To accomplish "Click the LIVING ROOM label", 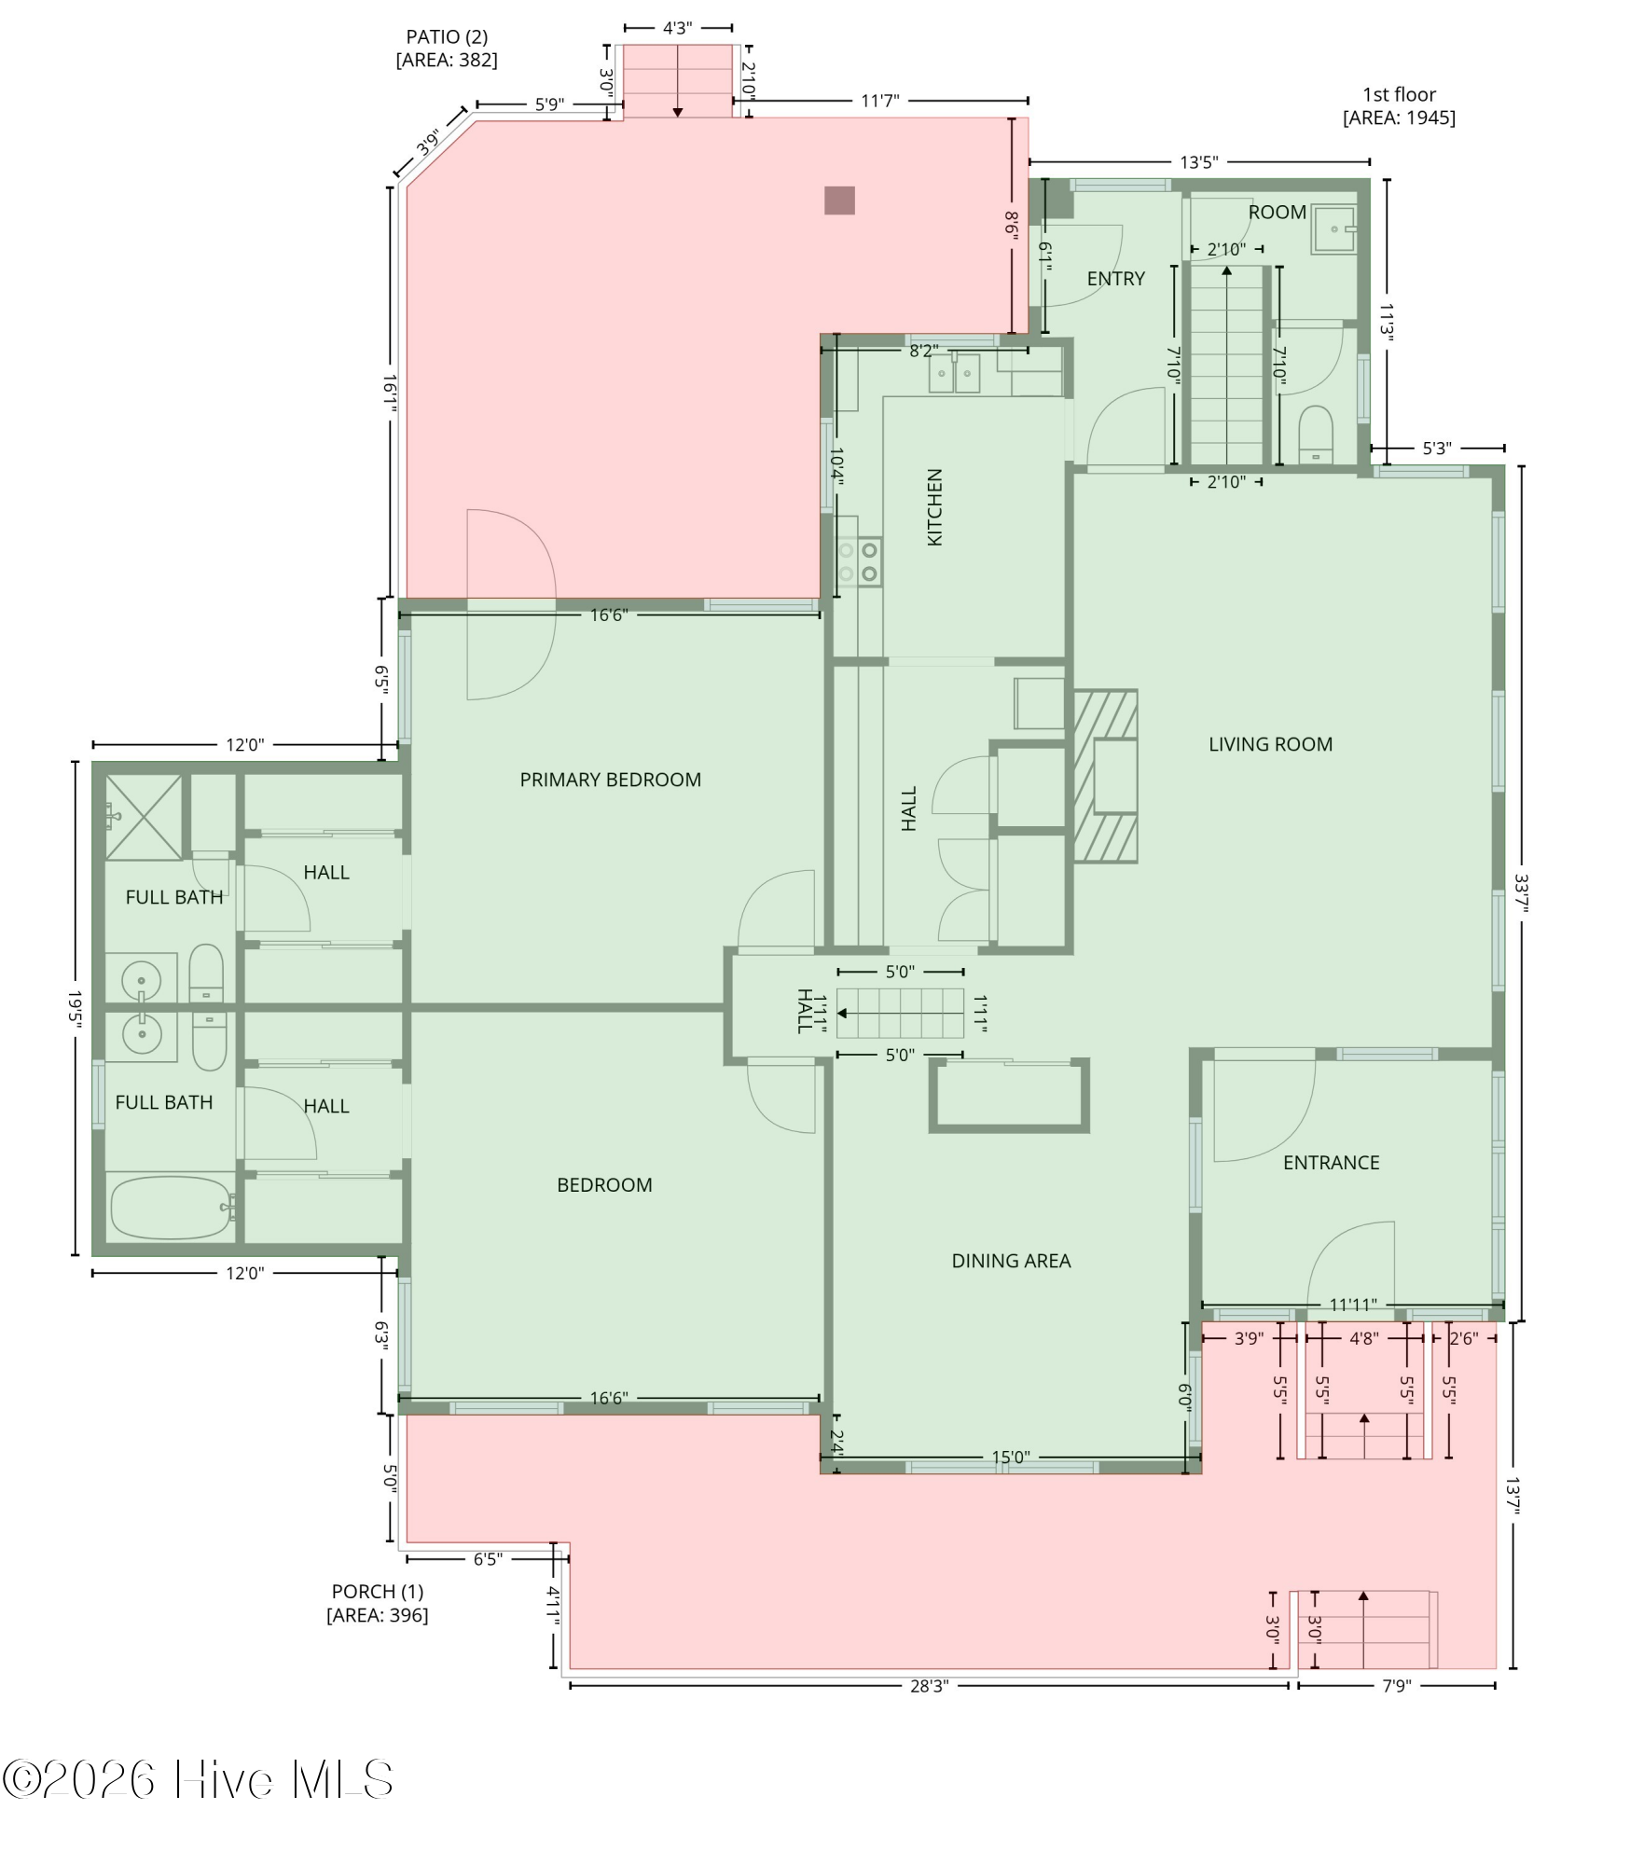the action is [1270, 744].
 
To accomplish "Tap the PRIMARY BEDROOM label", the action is [610, 780].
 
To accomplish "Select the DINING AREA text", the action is [1011, 1261].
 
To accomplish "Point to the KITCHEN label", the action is [934, 507].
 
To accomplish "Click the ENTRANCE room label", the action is [1331, 1163].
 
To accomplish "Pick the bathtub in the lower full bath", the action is [170, 1208].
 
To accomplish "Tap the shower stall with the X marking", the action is [144, 816].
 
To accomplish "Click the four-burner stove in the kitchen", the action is [859, 562].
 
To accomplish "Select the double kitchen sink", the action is [954, 373].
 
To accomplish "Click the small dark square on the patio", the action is [839, 200].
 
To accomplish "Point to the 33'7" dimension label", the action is [1522, 893].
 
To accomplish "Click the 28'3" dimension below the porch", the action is [929, 1686].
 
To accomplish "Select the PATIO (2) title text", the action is [447, 37].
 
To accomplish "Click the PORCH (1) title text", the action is [378, 1592].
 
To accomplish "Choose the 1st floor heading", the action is [1399, 94].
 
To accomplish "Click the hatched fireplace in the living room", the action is [1105, 776].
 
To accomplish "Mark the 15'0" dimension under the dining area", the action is [1011, 1457].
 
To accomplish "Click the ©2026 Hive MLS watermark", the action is [198, 1779].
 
